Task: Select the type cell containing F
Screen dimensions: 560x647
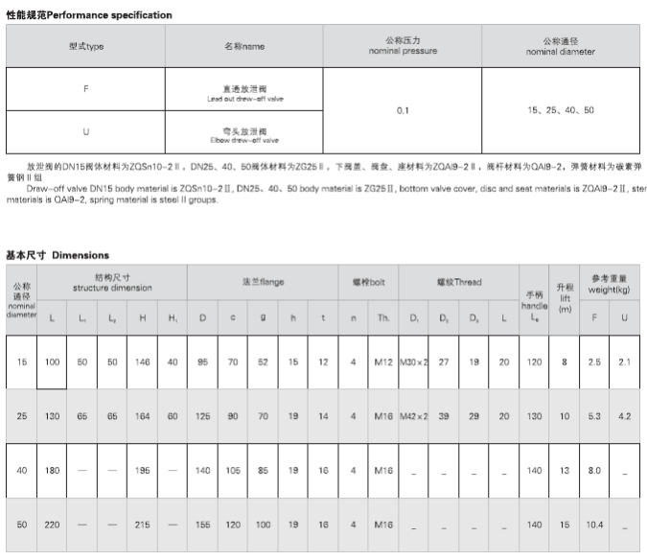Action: click(x=86, y=89)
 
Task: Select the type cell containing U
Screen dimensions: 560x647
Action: click(x=86, y=131)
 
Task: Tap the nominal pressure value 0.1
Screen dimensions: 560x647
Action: click(x=404, y=110)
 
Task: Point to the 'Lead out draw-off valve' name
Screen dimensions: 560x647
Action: click(x=244, y=93)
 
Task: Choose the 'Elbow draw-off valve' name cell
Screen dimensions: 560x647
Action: click(x=244, y=134)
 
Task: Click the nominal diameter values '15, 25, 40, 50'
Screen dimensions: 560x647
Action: click(x=561, y=110)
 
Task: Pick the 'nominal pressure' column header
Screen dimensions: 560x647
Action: click(x=404, y=46)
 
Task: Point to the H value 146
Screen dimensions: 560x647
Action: click(x=143, y=362)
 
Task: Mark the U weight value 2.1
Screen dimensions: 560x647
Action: click(x=625, y=362)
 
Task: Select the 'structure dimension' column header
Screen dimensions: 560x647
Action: click(x=112, y=282)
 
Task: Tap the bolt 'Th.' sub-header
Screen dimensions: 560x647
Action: click(x=383, y=317)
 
